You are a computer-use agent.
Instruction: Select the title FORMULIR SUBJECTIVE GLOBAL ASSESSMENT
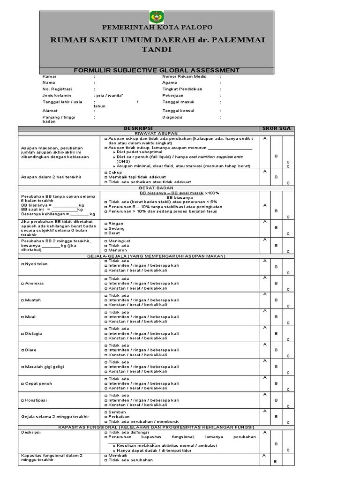point(157,70)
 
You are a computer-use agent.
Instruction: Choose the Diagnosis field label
point(172,117)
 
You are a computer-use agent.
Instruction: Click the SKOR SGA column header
point(277,128)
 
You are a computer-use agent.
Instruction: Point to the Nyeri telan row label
point(36,264)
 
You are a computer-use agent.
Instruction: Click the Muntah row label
point(31,300)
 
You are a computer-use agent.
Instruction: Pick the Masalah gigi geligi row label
point(43,367)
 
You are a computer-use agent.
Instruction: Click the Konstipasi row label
point(35,400)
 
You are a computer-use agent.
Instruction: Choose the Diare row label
point(30,350)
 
